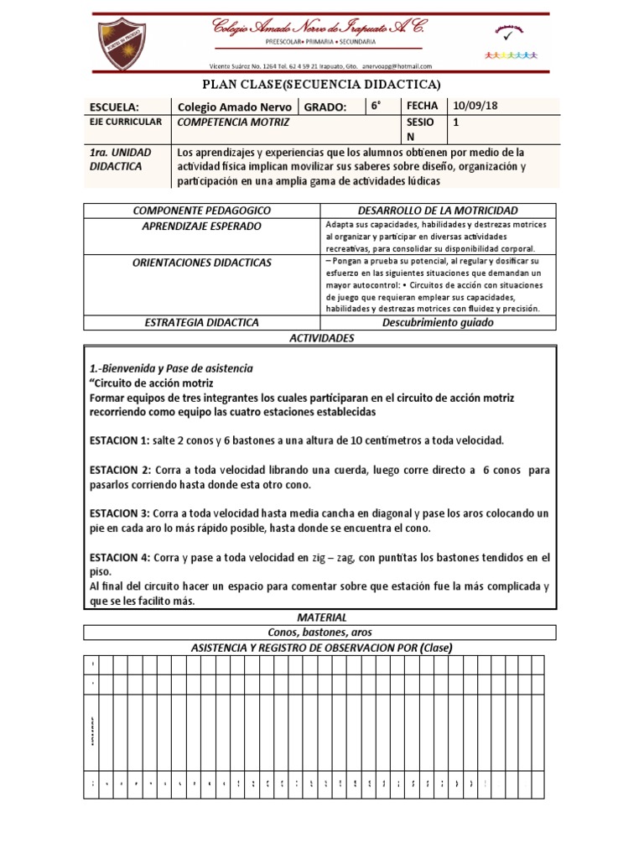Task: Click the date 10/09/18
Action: click(x=475, y=106)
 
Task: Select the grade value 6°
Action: click(x=377, y=106)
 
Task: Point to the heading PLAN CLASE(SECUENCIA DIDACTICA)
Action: click(x=322, y=85)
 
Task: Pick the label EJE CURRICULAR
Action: click(x=125, y=122)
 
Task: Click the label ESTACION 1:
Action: click(x=118, y=440)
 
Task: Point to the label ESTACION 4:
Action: click(x=118, y=556)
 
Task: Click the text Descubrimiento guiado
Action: click(x=437, y=322)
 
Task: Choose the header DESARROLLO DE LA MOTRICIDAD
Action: click(x=437, y=210)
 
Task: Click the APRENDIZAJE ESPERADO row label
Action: click(x=201, y=226)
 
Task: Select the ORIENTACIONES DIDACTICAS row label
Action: click(x=201, y=263)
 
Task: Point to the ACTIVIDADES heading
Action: click(x=321, y=337)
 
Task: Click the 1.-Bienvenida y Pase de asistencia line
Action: click(x=171, y=368)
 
